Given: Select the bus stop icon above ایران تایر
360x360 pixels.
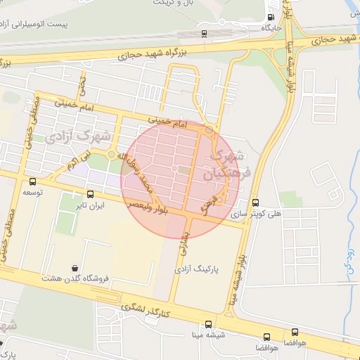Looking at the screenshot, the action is pyautogui.click(x=90, y=194).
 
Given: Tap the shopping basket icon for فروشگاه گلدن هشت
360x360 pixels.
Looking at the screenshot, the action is pyautogui.click(x=75, y=267).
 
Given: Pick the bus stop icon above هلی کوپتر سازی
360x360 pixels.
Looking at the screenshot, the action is pyautogui.click(x=255, y=202).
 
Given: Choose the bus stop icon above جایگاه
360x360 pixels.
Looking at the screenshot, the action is pyautogui.click(x=271, y=18).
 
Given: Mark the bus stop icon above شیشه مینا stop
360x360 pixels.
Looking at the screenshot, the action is pyautogui.click(x=208, y=324).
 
